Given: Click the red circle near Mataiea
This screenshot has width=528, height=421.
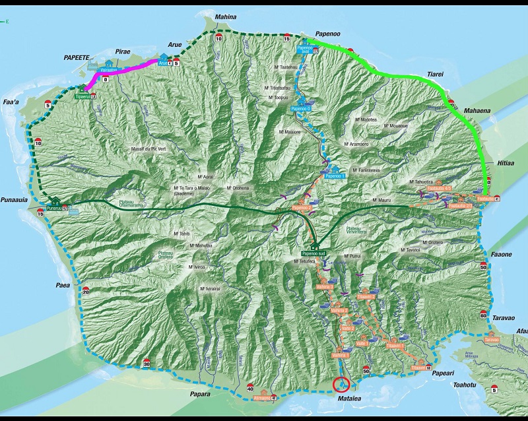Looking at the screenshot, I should [343, 383].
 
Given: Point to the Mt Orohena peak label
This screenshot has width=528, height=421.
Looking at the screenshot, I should [238, 188].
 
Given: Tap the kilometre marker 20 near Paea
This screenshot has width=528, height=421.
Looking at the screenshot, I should [85, 290].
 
